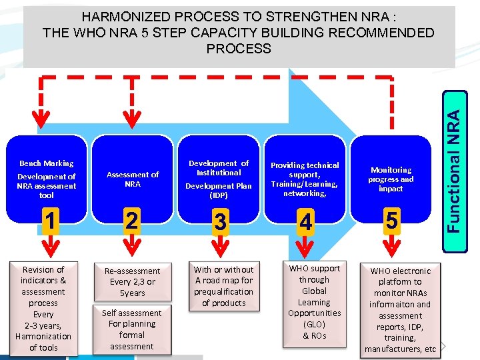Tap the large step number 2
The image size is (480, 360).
pyautogui.click(x=133, y=219)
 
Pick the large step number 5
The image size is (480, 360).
pyautogui.click(x=391, y=219)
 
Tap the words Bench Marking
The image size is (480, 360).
pyautogui.click(x=47, y=163)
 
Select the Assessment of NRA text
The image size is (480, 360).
pyautogui.click(x=133, y=179)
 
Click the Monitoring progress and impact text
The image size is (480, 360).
pyautogui.click(x=391, y=179)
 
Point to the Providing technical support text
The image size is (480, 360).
pyautogui.click(x=305, y=179)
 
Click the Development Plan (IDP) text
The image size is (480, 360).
pyautogui.click(x=219, y=191)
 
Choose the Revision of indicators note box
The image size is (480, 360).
pyautogui.click(x=43, y=308)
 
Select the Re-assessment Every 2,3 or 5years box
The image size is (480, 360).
pyautogui.click(x=133, y=281)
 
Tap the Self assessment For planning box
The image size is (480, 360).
pyautogui.click(x=132, y=329)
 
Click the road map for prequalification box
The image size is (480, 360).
pyautogui.click(x=224, y=286)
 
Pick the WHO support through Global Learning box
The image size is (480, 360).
pyautogui.click(x=314, y=302)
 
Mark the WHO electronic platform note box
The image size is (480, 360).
pyautogui.click(x=400, y=309)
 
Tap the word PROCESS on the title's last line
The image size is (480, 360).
pyautogui.click(x=239, y=48)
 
